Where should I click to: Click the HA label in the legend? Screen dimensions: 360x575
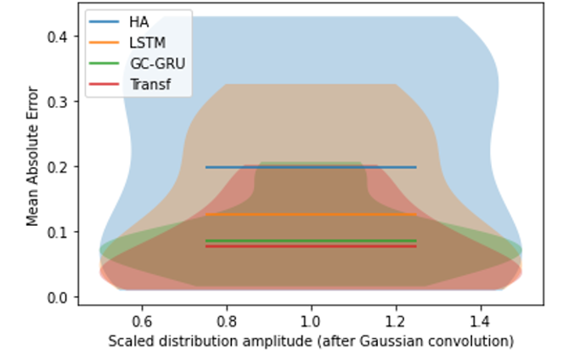139,22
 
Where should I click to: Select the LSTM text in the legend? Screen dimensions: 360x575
147,42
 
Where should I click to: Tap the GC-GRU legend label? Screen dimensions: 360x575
157,64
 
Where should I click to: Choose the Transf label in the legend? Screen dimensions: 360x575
149,84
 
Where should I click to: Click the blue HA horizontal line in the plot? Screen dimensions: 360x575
311,167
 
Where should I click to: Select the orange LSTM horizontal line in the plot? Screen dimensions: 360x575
311,214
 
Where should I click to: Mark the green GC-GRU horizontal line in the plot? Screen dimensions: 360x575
311,240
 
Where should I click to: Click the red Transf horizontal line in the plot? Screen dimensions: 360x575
311,246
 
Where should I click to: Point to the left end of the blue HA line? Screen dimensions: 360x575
206,167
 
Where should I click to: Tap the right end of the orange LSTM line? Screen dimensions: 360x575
415,214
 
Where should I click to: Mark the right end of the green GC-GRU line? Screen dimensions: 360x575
415,240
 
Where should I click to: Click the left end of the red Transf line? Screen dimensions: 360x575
206,246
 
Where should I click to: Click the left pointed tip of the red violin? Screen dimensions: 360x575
101,272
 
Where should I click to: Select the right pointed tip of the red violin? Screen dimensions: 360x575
521,272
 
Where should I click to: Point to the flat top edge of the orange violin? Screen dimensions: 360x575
311,85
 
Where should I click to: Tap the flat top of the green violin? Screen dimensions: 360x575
311,162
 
